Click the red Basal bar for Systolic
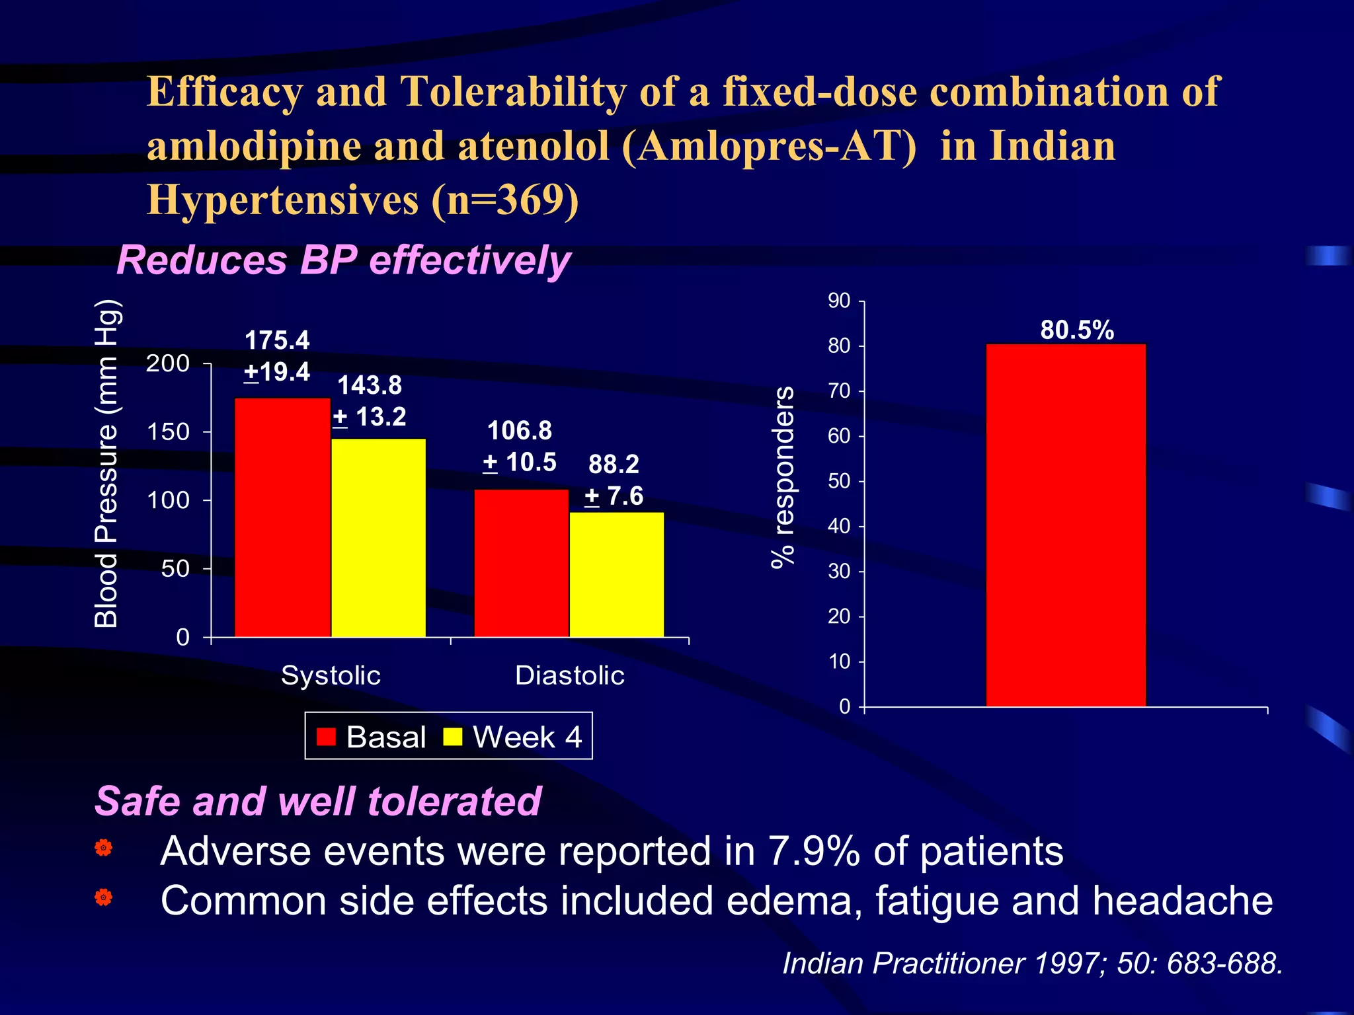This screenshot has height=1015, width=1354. click(x=282, y=517)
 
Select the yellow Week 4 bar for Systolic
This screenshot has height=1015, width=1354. click(x=378, y=537)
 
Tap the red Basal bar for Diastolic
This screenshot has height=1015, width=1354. click(x=521, y=563)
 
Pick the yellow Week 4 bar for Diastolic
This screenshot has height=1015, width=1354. click(x=616, y=574)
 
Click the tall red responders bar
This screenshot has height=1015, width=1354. click(x=1065, y=525)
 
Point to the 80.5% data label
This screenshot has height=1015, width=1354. click(x=1076, y=330)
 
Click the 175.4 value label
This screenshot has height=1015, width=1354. click(x=277, y=340)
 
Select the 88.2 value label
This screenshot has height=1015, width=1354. click(x=614, y=464)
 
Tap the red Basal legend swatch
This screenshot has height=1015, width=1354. click(x=326, y=737)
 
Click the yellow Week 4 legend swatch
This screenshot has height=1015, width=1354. click(x=452, y=737)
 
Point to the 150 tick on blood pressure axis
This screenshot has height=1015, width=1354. click(x=168, y=432)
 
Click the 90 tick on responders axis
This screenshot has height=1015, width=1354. click(x=839, y=301)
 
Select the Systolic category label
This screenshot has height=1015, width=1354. click(x=331, y=675)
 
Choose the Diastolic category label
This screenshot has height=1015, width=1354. click(x=569, y=675)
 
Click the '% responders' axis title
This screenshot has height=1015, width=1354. click(x=783, y=477)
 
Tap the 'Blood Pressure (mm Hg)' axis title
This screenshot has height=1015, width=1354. click(x=106, y=463)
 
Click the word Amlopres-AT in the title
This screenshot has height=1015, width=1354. click(x=768, y=146)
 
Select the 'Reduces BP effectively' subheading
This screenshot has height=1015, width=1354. click(x=343, y=260)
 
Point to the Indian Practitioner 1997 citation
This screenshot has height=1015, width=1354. click(x=1032, y=963)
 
